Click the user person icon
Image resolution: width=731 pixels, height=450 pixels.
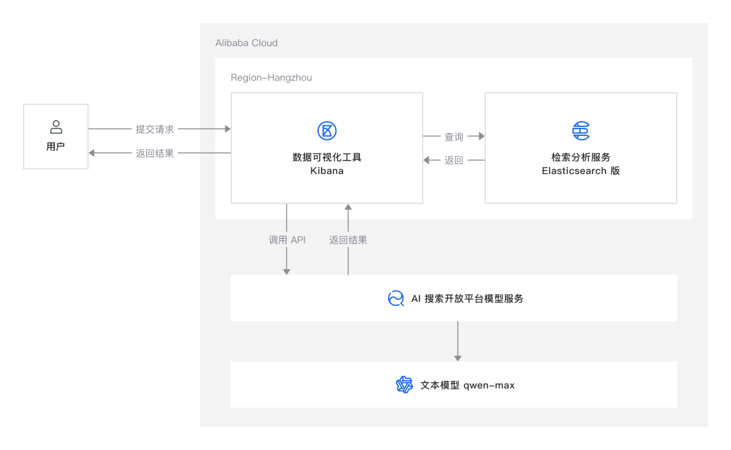click(56, 127)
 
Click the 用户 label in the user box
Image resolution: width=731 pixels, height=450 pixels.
click(56, 146)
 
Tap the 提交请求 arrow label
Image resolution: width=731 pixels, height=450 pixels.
click(155, 129)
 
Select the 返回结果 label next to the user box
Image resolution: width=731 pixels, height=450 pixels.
click(155, 154)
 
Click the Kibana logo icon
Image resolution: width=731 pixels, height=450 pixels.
click(327, 131)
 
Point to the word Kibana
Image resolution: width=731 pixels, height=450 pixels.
click(327, 171)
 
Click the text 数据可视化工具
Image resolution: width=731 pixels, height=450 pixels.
click(327, 157)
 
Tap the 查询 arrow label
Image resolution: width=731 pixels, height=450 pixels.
click(453, 137)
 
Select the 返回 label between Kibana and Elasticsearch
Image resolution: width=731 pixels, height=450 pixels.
click(453, 160)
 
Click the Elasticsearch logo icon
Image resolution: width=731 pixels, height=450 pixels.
click(581, 131)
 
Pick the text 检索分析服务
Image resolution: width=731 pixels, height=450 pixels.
click(581, 157)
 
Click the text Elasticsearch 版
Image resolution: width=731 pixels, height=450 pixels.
click(581, 171)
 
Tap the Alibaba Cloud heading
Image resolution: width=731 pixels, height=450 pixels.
click(246, 43)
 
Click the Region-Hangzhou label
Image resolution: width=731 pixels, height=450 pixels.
click(271, 78)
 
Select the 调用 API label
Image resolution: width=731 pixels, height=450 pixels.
click(287, 240)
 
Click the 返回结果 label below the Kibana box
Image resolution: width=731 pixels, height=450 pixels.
click(349, 240)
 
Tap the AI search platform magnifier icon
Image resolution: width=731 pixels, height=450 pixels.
click(396, 298)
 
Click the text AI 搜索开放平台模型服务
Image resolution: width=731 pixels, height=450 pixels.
click(467, 298)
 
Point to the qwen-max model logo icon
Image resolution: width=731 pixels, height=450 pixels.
click(404, 385)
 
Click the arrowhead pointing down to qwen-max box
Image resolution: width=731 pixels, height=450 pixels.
click(458, 357)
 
